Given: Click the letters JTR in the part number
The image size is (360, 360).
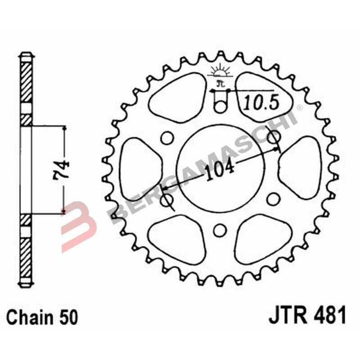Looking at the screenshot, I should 287,315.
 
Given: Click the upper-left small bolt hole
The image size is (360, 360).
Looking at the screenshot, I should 166,137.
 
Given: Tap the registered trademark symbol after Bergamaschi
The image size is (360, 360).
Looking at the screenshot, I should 299,107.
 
